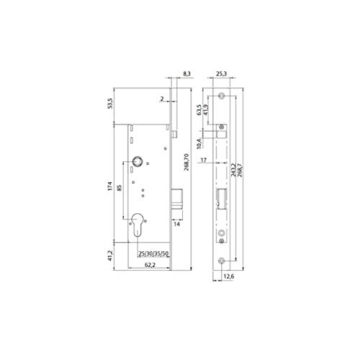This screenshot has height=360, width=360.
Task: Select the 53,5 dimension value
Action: (x=110, y=104)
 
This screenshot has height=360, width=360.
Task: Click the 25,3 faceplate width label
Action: (x=222, y=73)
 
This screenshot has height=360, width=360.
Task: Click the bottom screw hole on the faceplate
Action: (x=222, y=259)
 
